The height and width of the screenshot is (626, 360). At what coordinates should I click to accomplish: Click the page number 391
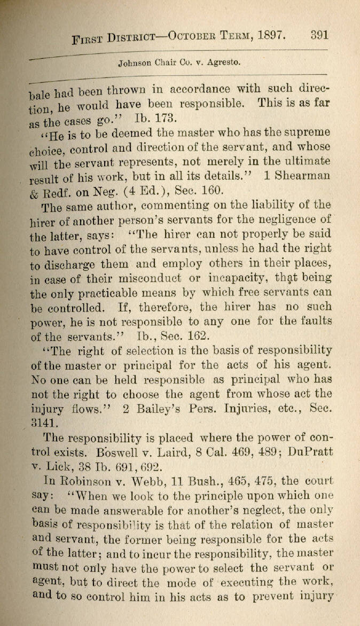[319, 35]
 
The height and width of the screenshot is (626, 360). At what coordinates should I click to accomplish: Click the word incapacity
[251, 278]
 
